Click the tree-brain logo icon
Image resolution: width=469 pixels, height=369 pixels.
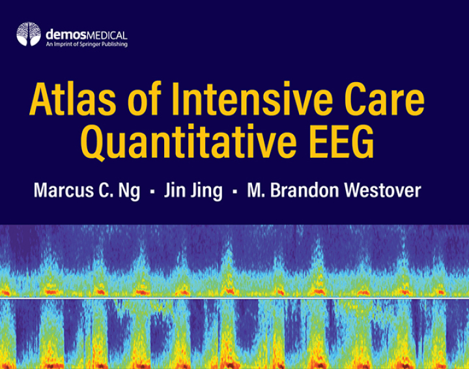pyautogui.click(x=28, y=34)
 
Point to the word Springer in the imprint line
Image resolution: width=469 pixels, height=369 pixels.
pyautogui.click(x=91, y=44)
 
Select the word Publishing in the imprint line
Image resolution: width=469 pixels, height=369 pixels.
pyautogui.click(x=115, y=44)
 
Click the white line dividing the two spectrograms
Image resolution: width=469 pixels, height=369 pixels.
pyautogui.click(x=234, y=298)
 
